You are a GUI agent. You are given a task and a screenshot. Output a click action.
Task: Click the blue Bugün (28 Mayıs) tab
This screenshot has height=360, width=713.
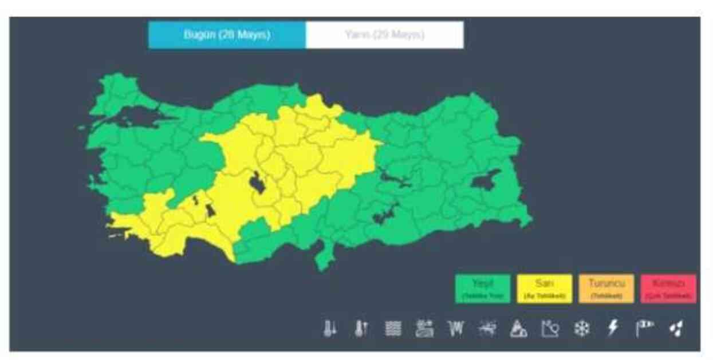(x=227, y=35)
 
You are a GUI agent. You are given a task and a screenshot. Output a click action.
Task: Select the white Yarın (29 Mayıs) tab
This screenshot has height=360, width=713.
(x=384, y=35)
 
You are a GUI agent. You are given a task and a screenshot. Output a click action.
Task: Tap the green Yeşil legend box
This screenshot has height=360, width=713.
(x=482, y=288)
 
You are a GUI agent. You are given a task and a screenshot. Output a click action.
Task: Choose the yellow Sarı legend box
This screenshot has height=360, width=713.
(x=544, y=288)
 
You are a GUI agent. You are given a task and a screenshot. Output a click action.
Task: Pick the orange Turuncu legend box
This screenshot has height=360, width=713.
(x=606, y=288)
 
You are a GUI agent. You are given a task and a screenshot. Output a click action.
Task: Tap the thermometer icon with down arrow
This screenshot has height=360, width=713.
(x=330, y=329)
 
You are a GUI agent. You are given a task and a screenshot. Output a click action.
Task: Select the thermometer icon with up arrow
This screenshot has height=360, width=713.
(x=361, y=329)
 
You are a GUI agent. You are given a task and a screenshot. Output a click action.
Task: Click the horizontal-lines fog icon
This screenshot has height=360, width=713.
(x=393, y=329)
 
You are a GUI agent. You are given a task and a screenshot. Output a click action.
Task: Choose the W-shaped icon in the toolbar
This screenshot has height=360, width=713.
(x=456, y=329)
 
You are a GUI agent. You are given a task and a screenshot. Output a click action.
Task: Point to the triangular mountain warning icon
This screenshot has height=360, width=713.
(x=519, y=329)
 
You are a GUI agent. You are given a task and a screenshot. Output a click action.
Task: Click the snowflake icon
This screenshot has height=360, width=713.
(x=582, y=329)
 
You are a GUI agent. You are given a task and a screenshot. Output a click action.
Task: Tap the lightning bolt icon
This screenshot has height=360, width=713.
(x=613, y=328)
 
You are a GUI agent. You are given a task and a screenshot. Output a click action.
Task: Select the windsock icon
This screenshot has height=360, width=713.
(x=644, y=328)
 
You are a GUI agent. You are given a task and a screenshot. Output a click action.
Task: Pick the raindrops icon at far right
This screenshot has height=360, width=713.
(x=676, y=329)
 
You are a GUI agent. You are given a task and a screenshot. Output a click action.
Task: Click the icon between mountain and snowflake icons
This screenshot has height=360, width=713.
(x=550, y=329)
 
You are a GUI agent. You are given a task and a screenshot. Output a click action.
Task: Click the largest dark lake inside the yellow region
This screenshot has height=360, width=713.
(x=257, y=182)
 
